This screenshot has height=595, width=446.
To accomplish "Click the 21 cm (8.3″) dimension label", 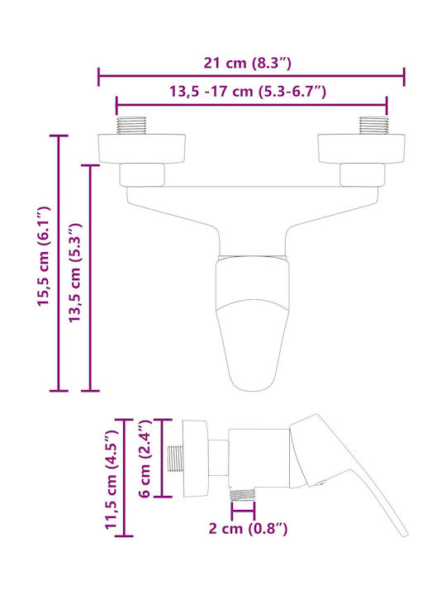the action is point(247,63).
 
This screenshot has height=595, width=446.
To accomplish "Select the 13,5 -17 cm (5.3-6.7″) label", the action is point(247,92).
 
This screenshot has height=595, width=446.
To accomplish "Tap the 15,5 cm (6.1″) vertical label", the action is point(43,256).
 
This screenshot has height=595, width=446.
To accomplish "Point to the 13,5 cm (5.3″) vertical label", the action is point(74,273).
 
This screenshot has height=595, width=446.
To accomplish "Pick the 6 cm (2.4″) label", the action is point(145,459).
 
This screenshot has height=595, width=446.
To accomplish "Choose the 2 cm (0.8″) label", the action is point(248,529).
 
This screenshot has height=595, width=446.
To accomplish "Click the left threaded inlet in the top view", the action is point(131,126).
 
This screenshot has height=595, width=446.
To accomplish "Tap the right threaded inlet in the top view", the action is point(374,126).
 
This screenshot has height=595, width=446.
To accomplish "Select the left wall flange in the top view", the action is point(142,149).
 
